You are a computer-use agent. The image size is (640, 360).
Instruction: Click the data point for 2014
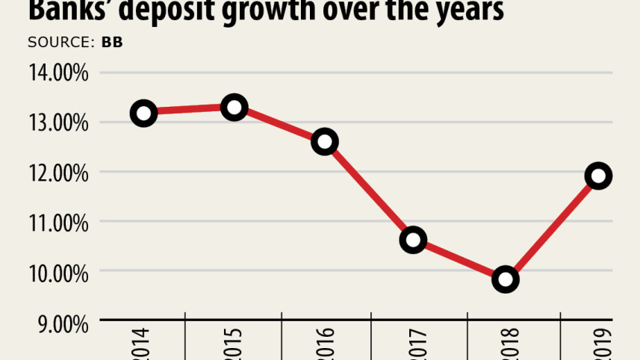tap(143, 114)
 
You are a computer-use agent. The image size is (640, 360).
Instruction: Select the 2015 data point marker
tap(234, 108)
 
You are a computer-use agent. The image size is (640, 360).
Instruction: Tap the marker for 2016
tap(325, 141)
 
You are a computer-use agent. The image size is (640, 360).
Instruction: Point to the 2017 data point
tap(413, 240)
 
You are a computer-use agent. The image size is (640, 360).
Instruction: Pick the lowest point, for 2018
tap(506, 279)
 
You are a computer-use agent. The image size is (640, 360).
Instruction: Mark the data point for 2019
tap(598, 176)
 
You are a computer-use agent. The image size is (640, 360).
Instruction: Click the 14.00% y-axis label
tap(59, 73)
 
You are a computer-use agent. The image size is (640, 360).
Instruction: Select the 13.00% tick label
tap(59, 123)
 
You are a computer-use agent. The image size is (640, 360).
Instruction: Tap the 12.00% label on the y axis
tap(59, 173)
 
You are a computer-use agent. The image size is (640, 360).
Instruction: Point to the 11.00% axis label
tap(59, 223)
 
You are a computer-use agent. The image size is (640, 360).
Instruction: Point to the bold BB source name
tap(112, 42)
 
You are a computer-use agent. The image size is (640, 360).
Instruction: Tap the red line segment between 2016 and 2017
tap(369, 190)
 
